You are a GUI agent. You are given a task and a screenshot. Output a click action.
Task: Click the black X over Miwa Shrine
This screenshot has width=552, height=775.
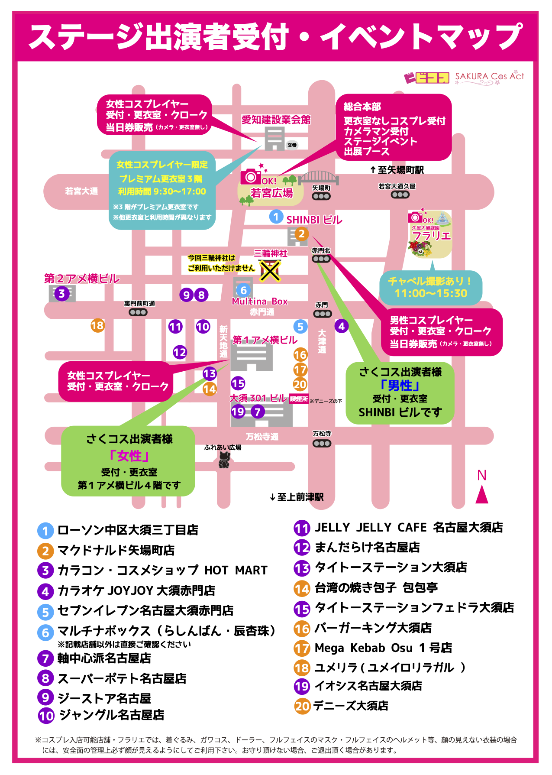(270, 271)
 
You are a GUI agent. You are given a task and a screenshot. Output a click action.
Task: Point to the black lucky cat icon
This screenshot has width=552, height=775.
(223, 460)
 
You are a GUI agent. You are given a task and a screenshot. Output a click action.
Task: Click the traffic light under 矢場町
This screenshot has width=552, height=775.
(321, 196)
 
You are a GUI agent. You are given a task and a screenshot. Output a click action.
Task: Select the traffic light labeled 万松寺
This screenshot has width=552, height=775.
(322, 443)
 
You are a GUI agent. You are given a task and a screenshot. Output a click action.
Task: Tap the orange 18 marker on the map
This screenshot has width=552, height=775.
(97, 325)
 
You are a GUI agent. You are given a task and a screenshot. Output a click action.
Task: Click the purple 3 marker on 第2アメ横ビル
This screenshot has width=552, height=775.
(61, 294)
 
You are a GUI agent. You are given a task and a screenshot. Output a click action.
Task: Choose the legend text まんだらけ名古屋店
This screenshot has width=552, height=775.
(367, 548)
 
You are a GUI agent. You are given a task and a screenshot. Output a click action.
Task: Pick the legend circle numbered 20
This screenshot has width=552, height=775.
(302, 706)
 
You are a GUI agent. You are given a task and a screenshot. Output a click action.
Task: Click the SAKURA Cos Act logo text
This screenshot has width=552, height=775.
(489, 77)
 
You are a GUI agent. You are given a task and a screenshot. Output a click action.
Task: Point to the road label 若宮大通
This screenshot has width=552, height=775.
(81, 191)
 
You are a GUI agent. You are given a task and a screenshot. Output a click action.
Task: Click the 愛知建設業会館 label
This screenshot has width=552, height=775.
(276, 120)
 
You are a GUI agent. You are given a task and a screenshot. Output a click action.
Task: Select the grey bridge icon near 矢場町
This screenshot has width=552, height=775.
(318, 178)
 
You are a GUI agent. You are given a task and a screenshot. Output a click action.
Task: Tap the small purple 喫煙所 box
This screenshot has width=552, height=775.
(299, 399)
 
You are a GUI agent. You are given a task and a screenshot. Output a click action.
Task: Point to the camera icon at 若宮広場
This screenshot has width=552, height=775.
(250, 176)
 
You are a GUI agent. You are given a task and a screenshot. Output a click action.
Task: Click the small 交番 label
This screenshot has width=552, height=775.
(292, 145)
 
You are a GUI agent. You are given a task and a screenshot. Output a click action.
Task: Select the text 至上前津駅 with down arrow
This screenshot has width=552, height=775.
(297, 497)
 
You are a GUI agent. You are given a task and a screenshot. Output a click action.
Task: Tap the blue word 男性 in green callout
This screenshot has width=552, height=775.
(400, 385)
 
